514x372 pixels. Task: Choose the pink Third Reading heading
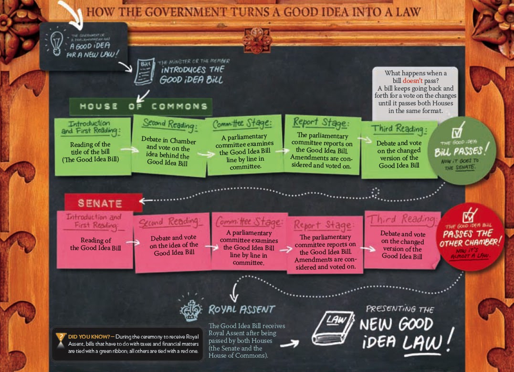click(401, 219)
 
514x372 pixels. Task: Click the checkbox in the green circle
click(458, 129)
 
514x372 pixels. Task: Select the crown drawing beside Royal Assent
click(190, 310)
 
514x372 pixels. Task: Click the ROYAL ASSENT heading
click(241, 310)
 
